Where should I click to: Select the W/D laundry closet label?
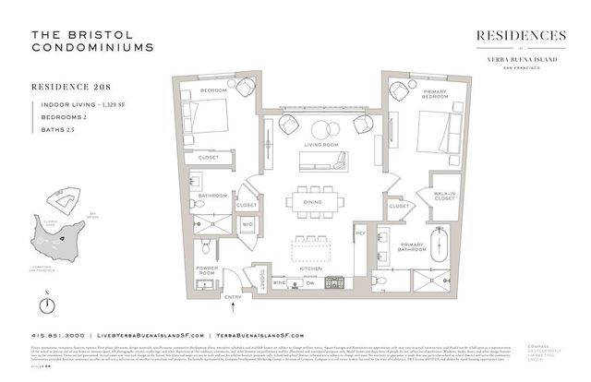pos(247,223)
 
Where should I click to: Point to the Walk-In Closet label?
pos(444,196)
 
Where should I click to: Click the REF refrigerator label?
pos(361,233)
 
